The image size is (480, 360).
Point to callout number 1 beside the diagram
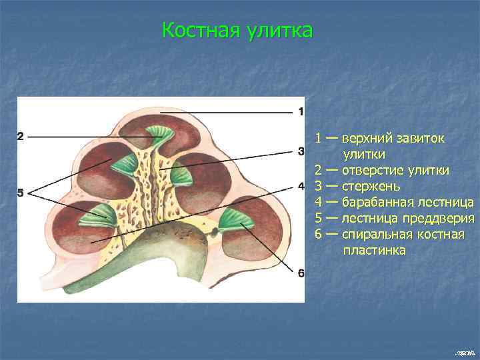pos(301,111)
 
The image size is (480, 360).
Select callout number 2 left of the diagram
pos(21,137)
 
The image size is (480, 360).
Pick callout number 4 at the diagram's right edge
pos(301,185)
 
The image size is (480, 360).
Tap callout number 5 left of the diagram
pos(21,193)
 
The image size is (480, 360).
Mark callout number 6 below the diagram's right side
pos(301,273)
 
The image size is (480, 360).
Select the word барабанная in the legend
pos(378,202)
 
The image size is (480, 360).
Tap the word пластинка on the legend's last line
pos(374,251)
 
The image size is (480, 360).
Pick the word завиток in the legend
pos(423,138)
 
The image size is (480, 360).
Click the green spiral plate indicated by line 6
pos(233,221)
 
